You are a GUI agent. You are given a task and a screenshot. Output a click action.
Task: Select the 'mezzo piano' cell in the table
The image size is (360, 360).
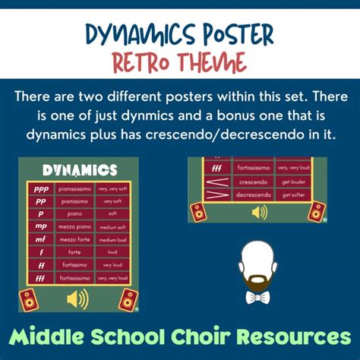(74, 226)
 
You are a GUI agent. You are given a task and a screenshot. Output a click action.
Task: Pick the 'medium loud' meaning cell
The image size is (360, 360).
(112, 238)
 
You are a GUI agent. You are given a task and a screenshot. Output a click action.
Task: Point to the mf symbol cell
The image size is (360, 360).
(39, 238)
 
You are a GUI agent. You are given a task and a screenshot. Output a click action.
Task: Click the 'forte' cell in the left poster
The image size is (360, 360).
(74, 251)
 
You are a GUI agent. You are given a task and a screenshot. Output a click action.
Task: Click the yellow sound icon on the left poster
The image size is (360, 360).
(77, 298)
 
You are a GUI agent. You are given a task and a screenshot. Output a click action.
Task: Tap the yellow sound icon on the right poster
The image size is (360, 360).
(258, 212)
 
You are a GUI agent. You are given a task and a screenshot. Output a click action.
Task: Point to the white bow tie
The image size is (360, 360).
(257, 298)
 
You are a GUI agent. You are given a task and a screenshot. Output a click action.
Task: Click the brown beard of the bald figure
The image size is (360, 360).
(257, 279)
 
